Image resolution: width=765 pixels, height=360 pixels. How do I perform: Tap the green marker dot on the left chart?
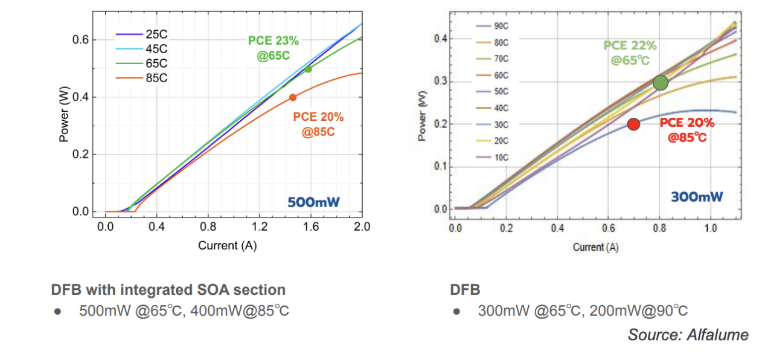[309, 69]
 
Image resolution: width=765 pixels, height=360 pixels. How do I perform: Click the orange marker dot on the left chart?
[293, 97]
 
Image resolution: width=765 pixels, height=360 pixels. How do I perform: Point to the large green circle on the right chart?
[661, 83]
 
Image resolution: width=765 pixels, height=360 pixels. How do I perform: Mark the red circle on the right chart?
[633, 124]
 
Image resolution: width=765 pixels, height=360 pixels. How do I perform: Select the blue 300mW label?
[697, 196]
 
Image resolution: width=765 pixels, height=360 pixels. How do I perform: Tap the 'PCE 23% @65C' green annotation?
[274, 48]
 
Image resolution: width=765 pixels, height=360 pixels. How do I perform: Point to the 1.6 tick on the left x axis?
[311, 227]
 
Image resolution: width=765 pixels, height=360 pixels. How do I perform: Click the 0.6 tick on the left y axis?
[82, 40]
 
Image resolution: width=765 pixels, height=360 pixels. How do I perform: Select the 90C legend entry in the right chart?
[492, 27]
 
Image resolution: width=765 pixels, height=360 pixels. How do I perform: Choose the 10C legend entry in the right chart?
[492, 157]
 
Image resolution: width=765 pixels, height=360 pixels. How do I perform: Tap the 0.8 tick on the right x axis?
[659, 229]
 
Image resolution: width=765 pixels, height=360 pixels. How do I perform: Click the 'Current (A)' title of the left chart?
[234, 245]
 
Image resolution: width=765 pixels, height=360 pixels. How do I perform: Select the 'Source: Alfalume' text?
[688, 335]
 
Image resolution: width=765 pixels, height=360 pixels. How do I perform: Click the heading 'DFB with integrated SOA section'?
[168, 289]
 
